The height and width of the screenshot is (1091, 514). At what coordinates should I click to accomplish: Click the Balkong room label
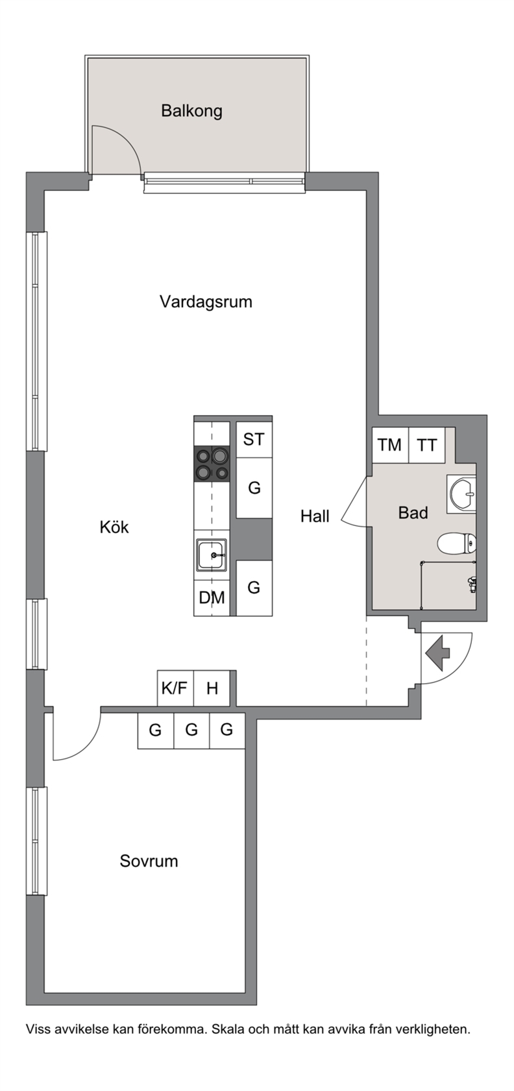(192, 111)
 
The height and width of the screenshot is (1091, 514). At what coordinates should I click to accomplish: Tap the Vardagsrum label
(206, 301)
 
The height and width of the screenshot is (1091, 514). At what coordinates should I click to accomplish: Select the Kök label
(114, 527)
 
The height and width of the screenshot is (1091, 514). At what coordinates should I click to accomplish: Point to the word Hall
(315, 516)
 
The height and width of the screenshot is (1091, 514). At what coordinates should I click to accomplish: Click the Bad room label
(413, 513)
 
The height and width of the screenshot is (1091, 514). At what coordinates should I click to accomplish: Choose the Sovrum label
(149, 860)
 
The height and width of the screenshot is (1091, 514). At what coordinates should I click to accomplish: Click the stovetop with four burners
(212, 464)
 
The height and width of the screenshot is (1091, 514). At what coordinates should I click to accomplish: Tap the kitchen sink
(212, 555)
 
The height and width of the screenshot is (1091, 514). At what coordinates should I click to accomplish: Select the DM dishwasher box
(212, 597)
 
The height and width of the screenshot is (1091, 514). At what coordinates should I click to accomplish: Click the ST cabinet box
(254, 439)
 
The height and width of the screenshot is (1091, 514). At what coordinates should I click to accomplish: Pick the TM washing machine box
(391, 445)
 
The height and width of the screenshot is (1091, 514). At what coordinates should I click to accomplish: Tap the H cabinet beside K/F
(212, 688)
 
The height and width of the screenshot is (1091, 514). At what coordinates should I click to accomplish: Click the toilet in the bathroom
(457, 544)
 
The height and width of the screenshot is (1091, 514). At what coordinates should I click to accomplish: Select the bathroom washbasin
(461, 494)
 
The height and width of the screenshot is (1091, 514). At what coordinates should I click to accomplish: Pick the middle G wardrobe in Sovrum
(192, 731)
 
